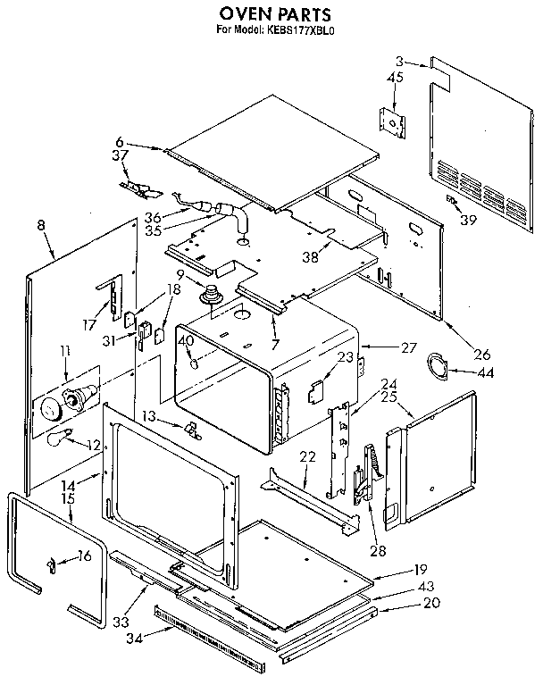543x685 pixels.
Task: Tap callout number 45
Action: pos(396,79)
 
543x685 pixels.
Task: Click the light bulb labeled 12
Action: pos(59,437)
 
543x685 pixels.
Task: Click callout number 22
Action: pos(308,456)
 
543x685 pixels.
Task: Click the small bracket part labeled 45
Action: pos(390,121)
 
